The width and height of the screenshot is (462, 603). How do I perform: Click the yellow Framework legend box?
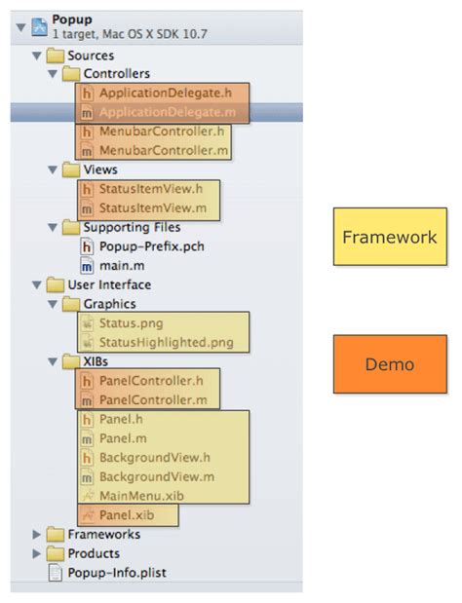click(390, 237)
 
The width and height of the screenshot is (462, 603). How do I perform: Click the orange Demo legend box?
click(390, 364)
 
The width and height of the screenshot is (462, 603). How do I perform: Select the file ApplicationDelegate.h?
click(165, 93)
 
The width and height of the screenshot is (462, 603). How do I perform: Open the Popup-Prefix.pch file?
click(144, 246)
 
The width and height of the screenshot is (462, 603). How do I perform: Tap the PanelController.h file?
click(151, 380)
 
